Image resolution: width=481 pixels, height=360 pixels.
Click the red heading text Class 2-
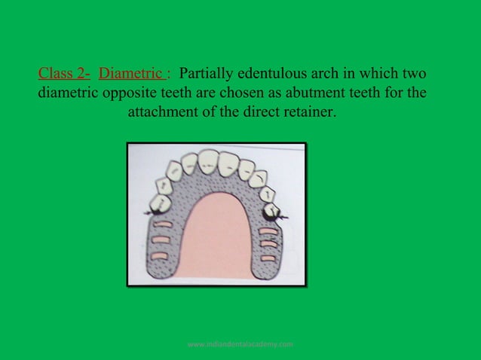pyautogui.click(x=64, y=75)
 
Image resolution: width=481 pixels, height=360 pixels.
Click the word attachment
pyautogui.click(x=163, y=116)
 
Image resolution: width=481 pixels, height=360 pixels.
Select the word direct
pyautogui.click(x=262, y=116)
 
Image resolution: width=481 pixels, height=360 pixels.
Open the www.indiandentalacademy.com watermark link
pyautogui.click(x=240, y=344)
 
